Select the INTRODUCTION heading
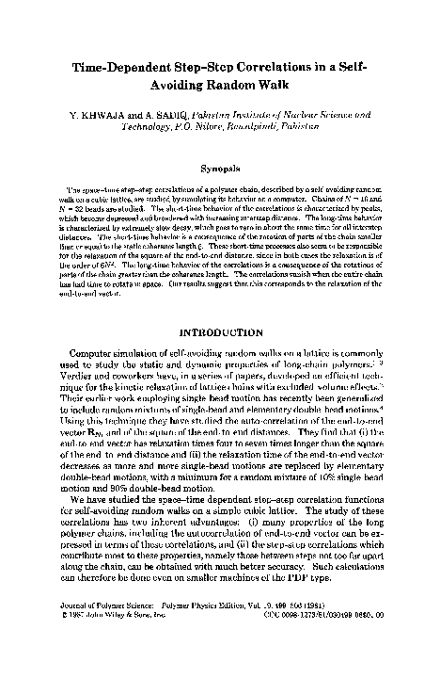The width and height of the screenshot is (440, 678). pos(220,332)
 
